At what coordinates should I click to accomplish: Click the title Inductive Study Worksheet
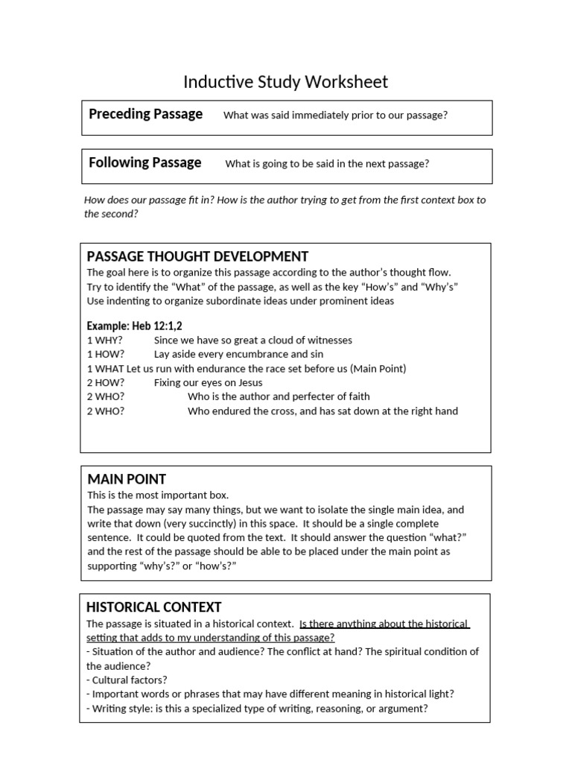pyautogui.click(x=286, y=81)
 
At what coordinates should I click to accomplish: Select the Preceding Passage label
pyautogui.click(x=145, y=114)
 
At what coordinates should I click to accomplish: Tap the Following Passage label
pyautogui.click(x=144, y=162)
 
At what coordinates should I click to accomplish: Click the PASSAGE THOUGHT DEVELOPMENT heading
pyautogui.click(x=197, y=256)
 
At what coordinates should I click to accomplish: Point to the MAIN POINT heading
pyautogui.click(x=127, y=479)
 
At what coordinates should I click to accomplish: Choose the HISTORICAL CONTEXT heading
pyautogui.click(x=154, y=607)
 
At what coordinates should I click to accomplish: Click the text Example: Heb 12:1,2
pyautogui.click(x=135, y=326)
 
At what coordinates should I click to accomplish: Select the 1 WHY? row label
pyautogui.click(x=105, y=340)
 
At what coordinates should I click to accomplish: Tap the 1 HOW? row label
pyautogui.click(x=106, y=354)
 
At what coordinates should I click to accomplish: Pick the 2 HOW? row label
pyautogui.click(x=106, y=382)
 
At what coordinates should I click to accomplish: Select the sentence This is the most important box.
pyautogui.click(x=158, y=495)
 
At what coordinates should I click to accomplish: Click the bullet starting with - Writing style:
pyautogui.click(x=257, y=708)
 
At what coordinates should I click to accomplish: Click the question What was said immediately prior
pyautogui.click(x=335, y=115)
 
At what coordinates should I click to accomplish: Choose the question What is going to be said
pyautogui.click(x=327, y=164)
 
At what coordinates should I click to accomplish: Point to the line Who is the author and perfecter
pyautogui.click(x=279, y=396)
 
